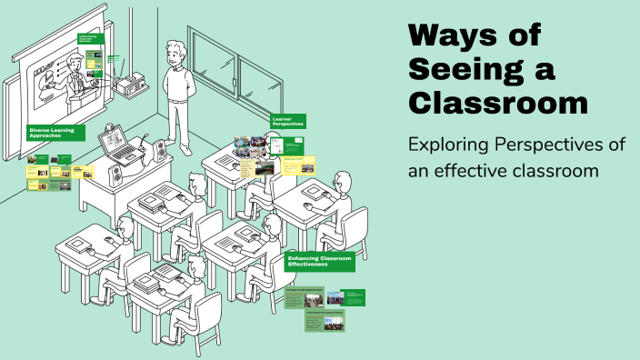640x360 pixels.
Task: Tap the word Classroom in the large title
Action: [x=497, y=102]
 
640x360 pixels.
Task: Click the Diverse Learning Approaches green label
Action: [x=55, y=133]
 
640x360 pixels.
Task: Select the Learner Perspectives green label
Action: [x=287, y=121]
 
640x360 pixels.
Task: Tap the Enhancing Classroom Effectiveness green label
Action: [x=318, y=262]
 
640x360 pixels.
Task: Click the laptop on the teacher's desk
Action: [x=116, y=145]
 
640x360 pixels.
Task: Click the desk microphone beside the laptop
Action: [x=144, y=144]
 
